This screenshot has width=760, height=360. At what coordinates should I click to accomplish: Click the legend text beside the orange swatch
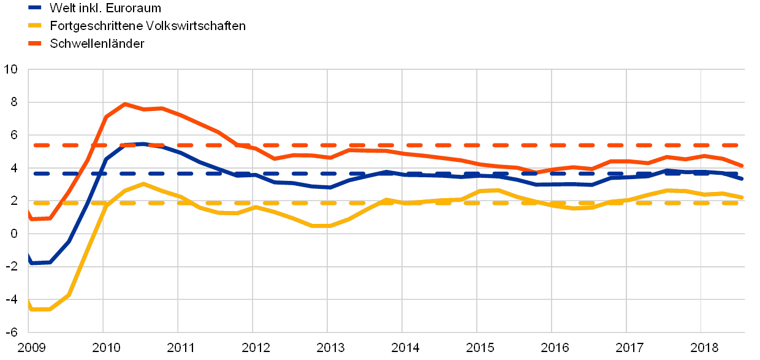[97, 44]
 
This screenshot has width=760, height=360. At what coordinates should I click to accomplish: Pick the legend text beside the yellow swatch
[147, 26]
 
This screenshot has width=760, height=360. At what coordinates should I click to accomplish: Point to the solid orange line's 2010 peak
[126, 104]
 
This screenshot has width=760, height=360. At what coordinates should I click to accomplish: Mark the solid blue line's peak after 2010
[142, 144]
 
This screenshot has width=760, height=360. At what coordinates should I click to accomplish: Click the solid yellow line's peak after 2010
[143, 183]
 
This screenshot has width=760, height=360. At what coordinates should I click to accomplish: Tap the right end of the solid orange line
[743, 166]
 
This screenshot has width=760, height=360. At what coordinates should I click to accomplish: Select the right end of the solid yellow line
[743, 197]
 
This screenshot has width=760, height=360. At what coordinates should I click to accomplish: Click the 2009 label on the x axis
[28, 348]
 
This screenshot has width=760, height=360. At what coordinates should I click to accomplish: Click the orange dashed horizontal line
[368, 145]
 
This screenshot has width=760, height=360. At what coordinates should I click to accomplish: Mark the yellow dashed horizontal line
[368, 203]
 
